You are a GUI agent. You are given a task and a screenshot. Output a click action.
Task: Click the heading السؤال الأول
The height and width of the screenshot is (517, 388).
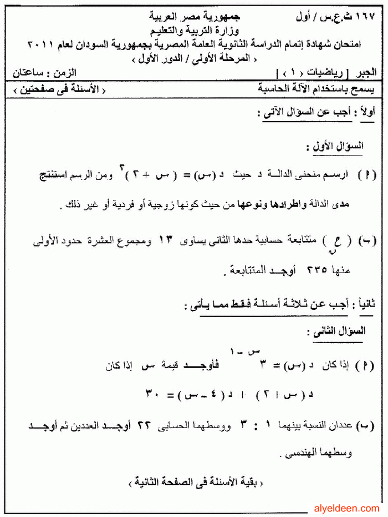[335, 148]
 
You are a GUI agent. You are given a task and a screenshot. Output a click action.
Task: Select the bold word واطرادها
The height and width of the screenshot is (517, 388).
[307, 206]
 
